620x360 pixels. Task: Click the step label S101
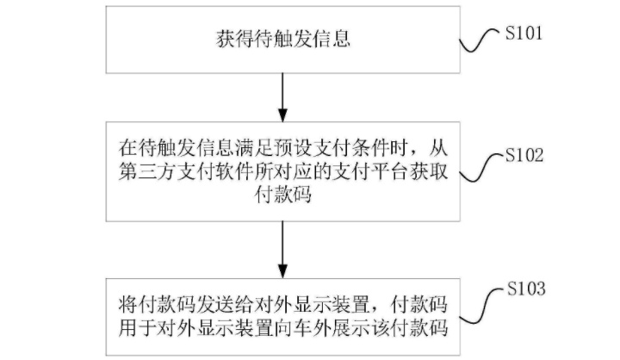(524, 33)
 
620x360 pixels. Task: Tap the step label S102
(524, 155)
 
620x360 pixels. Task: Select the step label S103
(526, 289)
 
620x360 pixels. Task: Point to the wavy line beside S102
(480, 167)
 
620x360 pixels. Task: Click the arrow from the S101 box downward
(282, 97)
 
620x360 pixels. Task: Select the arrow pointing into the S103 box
(282, 250)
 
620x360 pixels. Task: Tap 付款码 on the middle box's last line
(283, 195)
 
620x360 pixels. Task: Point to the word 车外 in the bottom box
(313, 328)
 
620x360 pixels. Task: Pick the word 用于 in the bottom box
(138, 328)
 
